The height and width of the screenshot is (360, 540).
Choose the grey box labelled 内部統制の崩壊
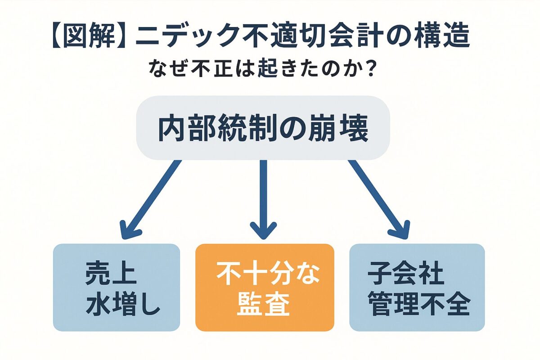[x=262, y=128]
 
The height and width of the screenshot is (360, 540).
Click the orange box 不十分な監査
[x=265, y=287]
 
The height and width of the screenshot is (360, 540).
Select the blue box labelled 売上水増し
[x=116, y=287]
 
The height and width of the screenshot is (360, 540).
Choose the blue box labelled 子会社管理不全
[x=417, y=287]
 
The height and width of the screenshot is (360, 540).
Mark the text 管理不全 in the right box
[x=418, y=305]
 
